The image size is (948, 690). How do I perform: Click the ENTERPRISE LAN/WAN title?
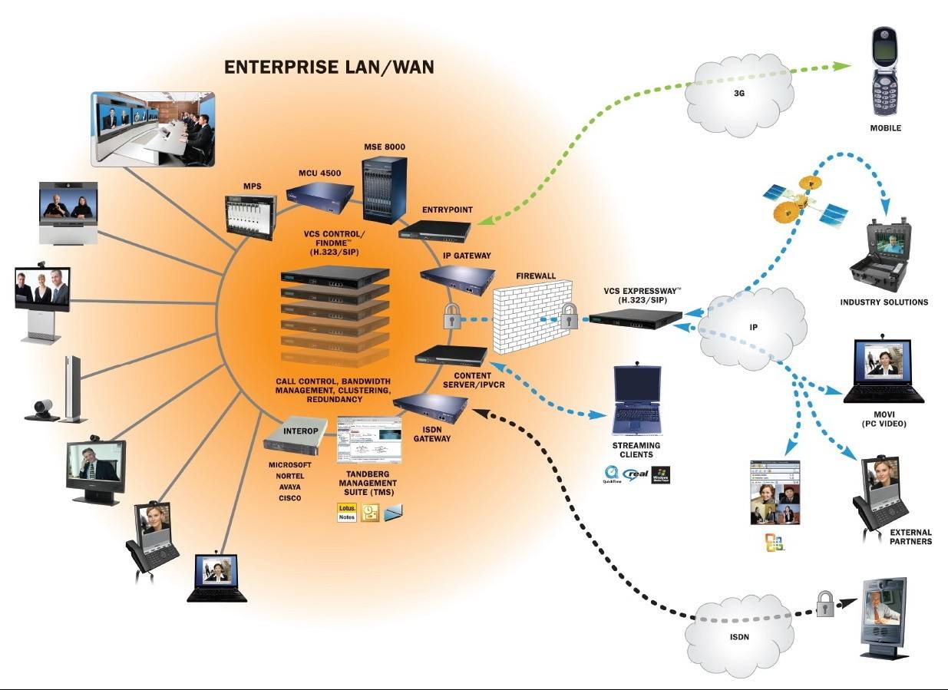coord(329,68)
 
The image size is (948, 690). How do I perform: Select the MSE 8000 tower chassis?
coord(384,189)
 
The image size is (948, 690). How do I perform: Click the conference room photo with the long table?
coord(153,128)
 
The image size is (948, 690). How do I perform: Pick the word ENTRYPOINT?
coord(448,209)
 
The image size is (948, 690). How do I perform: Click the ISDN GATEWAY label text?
coord(432,434)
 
